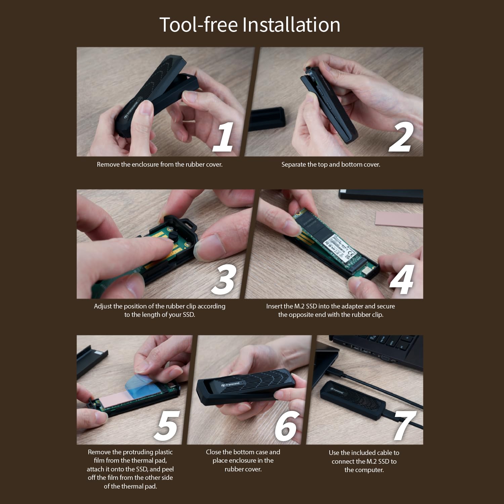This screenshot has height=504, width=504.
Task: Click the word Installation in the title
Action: click(x=291, y=25)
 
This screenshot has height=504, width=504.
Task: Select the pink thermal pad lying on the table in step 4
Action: click(x=397, y=219)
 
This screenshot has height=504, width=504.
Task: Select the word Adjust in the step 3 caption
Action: click(x=103, y=306)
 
